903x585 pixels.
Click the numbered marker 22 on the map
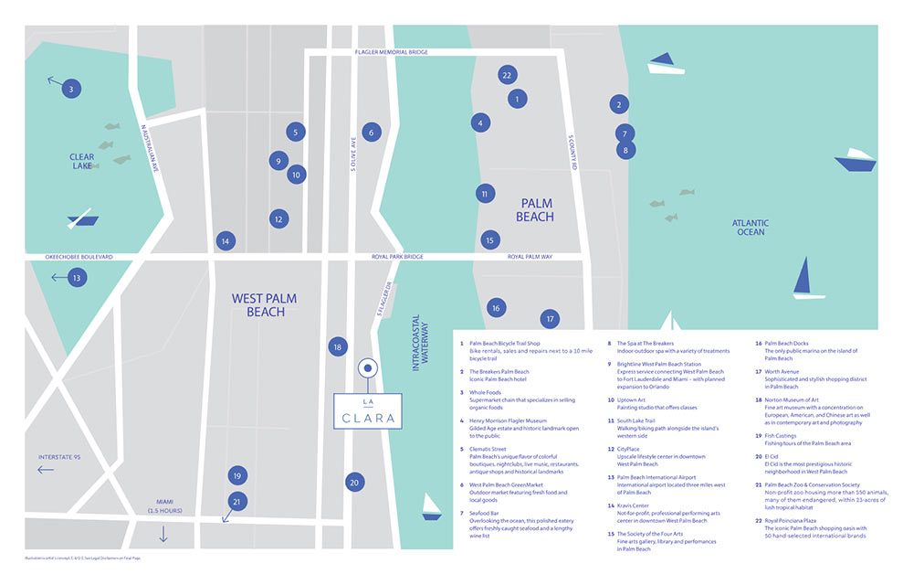(x=507, y=75)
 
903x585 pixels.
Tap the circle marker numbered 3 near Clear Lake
(x=71, y=89)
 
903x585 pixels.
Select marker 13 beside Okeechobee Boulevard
(x=77, y=277)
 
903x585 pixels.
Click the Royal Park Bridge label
(x=397, y=257)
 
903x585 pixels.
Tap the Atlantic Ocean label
(x=749, y=228)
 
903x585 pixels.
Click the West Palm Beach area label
(x=264, y=305)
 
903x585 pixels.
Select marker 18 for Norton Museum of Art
(x=338, y=346)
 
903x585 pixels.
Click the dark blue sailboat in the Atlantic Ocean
(x=803, y=278)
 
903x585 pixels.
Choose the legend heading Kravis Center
(x=634, y=505)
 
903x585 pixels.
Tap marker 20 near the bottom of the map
(x=354, y=482)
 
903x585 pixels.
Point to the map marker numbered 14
(x=225, y=241)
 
